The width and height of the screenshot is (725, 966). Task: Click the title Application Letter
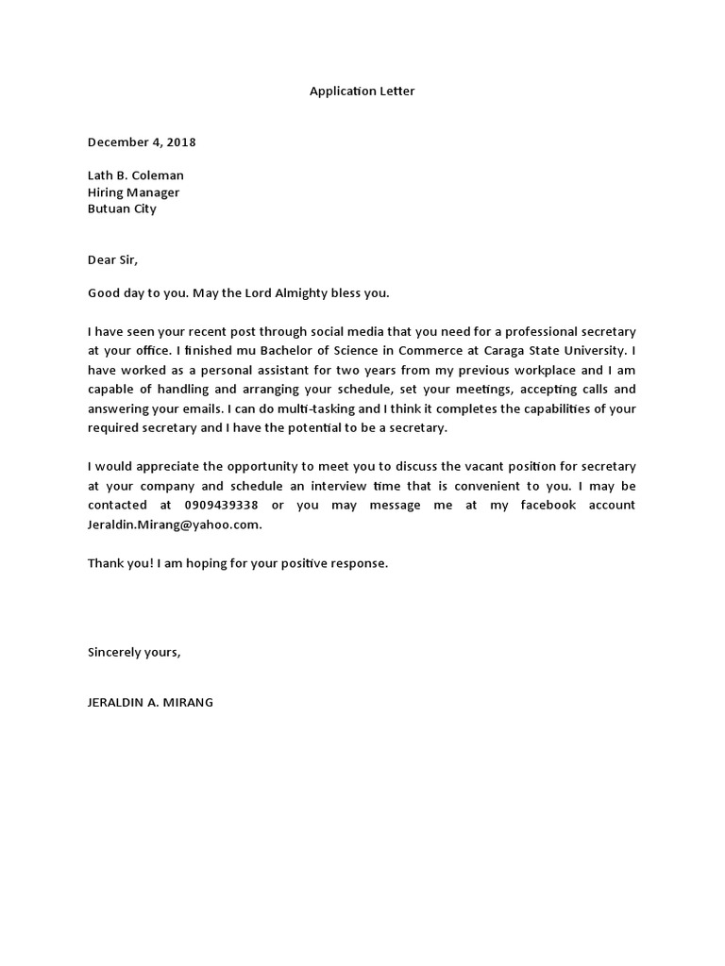[362, 92]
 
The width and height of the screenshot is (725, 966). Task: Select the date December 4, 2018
[142, 142]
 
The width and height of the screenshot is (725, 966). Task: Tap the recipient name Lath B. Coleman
[135, 175]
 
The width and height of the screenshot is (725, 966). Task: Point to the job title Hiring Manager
[133, 192]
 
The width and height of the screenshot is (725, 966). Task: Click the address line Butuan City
[122, 209]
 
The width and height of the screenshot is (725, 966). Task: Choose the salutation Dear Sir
[118, 259]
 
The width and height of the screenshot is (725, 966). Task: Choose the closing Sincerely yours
[133, 652]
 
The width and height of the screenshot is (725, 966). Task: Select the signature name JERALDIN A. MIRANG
[150, 703]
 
